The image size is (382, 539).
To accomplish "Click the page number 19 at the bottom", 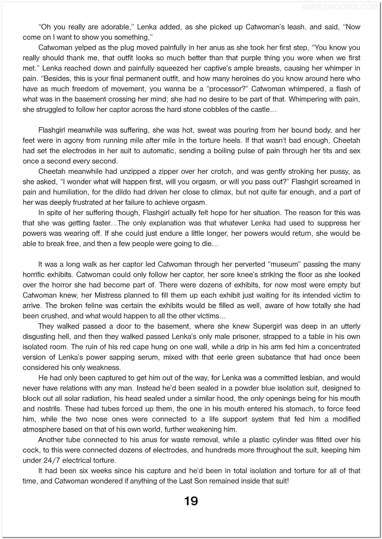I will [191, 501].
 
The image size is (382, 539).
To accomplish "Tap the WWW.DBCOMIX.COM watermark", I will [340, 7].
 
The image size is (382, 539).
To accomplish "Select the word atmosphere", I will [41, 430].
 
